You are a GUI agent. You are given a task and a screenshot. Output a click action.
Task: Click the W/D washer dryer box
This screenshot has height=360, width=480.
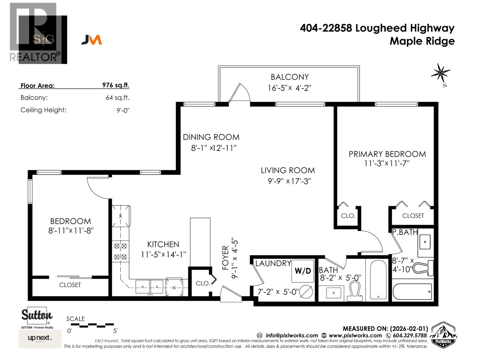pyautogui.click(x=303, y=271)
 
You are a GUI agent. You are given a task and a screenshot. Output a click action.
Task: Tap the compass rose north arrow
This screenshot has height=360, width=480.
pyautogui.click(x=441, y=73)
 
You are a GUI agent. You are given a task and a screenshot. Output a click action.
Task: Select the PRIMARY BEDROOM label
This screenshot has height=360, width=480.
pyautogui.click(x=387, y=154)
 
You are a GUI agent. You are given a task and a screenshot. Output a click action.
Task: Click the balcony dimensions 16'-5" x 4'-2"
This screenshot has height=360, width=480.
pyautogui.click(x=289, y=88)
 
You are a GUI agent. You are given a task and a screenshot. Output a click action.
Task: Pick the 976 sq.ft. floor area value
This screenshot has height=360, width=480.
pyautogui.click(x=115, y=85)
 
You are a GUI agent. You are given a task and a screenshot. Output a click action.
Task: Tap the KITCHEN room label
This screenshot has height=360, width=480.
pyautogui.click(x=163, y=244)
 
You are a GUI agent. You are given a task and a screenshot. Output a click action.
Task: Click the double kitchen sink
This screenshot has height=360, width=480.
pyautogui.click(x=149, y=286)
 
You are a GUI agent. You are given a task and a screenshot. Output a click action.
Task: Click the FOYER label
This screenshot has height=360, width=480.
pyautogui.click(x=226, y=258)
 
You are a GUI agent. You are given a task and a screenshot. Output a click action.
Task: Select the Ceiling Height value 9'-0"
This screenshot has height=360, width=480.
pyautogui.click(x=123, y=110)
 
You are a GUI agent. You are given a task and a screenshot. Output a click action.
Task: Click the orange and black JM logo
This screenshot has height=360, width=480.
pyautogui.click(x=91, y=40)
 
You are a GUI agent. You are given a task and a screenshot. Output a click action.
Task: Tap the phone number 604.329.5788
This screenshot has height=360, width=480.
pyautogui.click(x=409, y=335)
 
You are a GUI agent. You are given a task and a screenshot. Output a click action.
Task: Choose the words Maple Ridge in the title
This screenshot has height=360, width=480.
pyautogui.click(x=422, y=41)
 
